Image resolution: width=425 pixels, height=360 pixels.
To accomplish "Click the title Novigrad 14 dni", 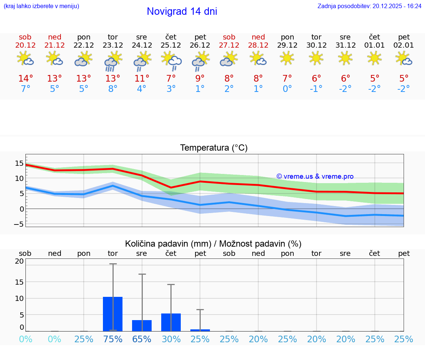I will (x=182, y=11).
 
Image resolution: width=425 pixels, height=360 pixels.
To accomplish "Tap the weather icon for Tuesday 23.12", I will (x=113, y=61).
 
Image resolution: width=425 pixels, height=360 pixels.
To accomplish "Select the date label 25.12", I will (x=171, y=45).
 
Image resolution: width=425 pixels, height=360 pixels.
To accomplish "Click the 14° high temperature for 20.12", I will (x=25, y=79).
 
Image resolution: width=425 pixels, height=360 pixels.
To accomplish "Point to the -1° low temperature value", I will (x=316, y=89).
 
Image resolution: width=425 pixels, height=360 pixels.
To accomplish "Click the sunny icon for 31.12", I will (x=345, y=58).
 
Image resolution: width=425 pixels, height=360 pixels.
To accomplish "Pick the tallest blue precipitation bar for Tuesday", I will (x=113, y=314).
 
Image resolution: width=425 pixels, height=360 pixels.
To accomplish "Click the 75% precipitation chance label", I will (x=113, y=339).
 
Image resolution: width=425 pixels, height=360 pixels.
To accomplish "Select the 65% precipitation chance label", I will (x=142, y=339).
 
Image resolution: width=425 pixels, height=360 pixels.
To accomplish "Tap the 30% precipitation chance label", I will (x=171, y=339).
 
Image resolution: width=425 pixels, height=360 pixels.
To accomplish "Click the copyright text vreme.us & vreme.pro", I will (x=315, y=176).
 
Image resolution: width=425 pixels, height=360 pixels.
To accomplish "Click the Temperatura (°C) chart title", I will (x=214, y=148).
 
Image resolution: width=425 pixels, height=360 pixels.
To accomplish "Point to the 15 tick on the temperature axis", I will (x=19, y=163).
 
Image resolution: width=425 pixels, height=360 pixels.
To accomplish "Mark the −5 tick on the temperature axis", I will (x=19, y=224).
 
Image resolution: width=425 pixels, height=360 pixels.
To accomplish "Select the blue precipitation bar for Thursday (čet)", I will (x=171, y=322).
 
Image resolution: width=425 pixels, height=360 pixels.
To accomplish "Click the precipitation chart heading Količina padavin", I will (x=213, y=244).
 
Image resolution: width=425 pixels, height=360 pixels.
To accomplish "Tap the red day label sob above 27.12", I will (x=229, y=37).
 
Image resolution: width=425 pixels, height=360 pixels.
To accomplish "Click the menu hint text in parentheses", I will (x=41, y=6).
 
